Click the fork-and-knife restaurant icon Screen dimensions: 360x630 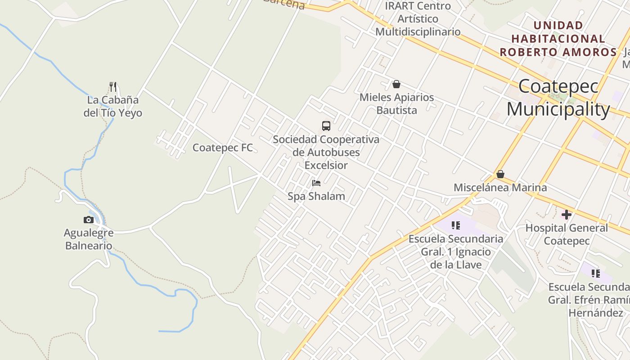point(113,86)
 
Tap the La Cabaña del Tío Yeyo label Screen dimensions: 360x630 point(113,107)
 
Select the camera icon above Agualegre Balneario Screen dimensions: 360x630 point(89,220)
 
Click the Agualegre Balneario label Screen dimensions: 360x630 point(89,239)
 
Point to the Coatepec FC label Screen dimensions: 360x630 point(222,148)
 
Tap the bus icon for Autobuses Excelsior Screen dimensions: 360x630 point(326,126)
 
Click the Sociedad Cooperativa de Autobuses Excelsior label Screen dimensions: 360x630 point(326,152)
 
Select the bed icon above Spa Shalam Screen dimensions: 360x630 point(316,183)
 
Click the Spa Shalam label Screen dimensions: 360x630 point(316,196)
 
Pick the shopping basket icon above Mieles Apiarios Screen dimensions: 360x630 point(396,84)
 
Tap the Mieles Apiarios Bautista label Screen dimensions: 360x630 point(396,103)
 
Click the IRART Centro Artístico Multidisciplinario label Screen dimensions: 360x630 point(418,19)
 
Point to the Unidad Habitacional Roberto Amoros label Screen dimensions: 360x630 point(558,39)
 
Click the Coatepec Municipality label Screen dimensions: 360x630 point(558,98)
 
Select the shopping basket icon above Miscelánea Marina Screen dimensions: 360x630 point(500,174)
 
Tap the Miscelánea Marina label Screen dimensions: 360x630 point(500,188)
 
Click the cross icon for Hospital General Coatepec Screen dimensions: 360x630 point(567,215)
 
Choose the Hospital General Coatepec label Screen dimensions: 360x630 point(567,234)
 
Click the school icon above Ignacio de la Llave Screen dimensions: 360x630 point(456,225)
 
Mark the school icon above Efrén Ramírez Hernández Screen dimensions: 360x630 point(596,273)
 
